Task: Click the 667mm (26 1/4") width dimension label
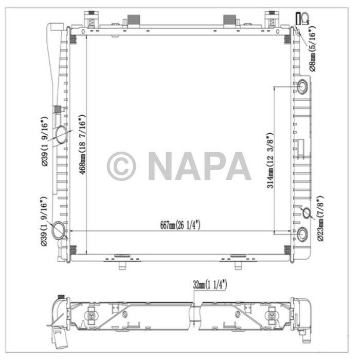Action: coord(179,225)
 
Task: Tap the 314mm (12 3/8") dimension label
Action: coord(269,161)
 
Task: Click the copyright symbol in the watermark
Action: coord(121,166)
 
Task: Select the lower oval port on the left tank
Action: coord(58,230)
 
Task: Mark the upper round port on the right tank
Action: coord(302,85)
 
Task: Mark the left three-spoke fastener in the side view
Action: coord(91,315)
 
